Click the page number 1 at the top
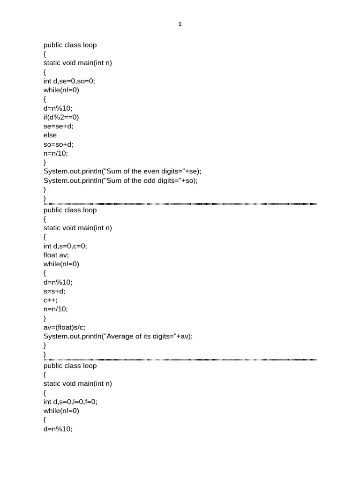(180, 24)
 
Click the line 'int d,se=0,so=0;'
(69, 81)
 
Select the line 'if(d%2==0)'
(61, 117)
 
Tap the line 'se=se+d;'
(59, 126)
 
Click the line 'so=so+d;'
(59, 144)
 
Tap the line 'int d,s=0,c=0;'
(66, 246)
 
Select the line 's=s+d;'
(55, 291)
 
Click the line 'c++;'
(51, 300)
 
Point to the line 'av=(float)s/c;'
(65, 327)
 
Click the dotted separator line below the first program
(180, 204)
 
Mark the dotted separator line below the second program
(180, 360)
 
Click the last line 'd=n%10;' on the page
(58, 429)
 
